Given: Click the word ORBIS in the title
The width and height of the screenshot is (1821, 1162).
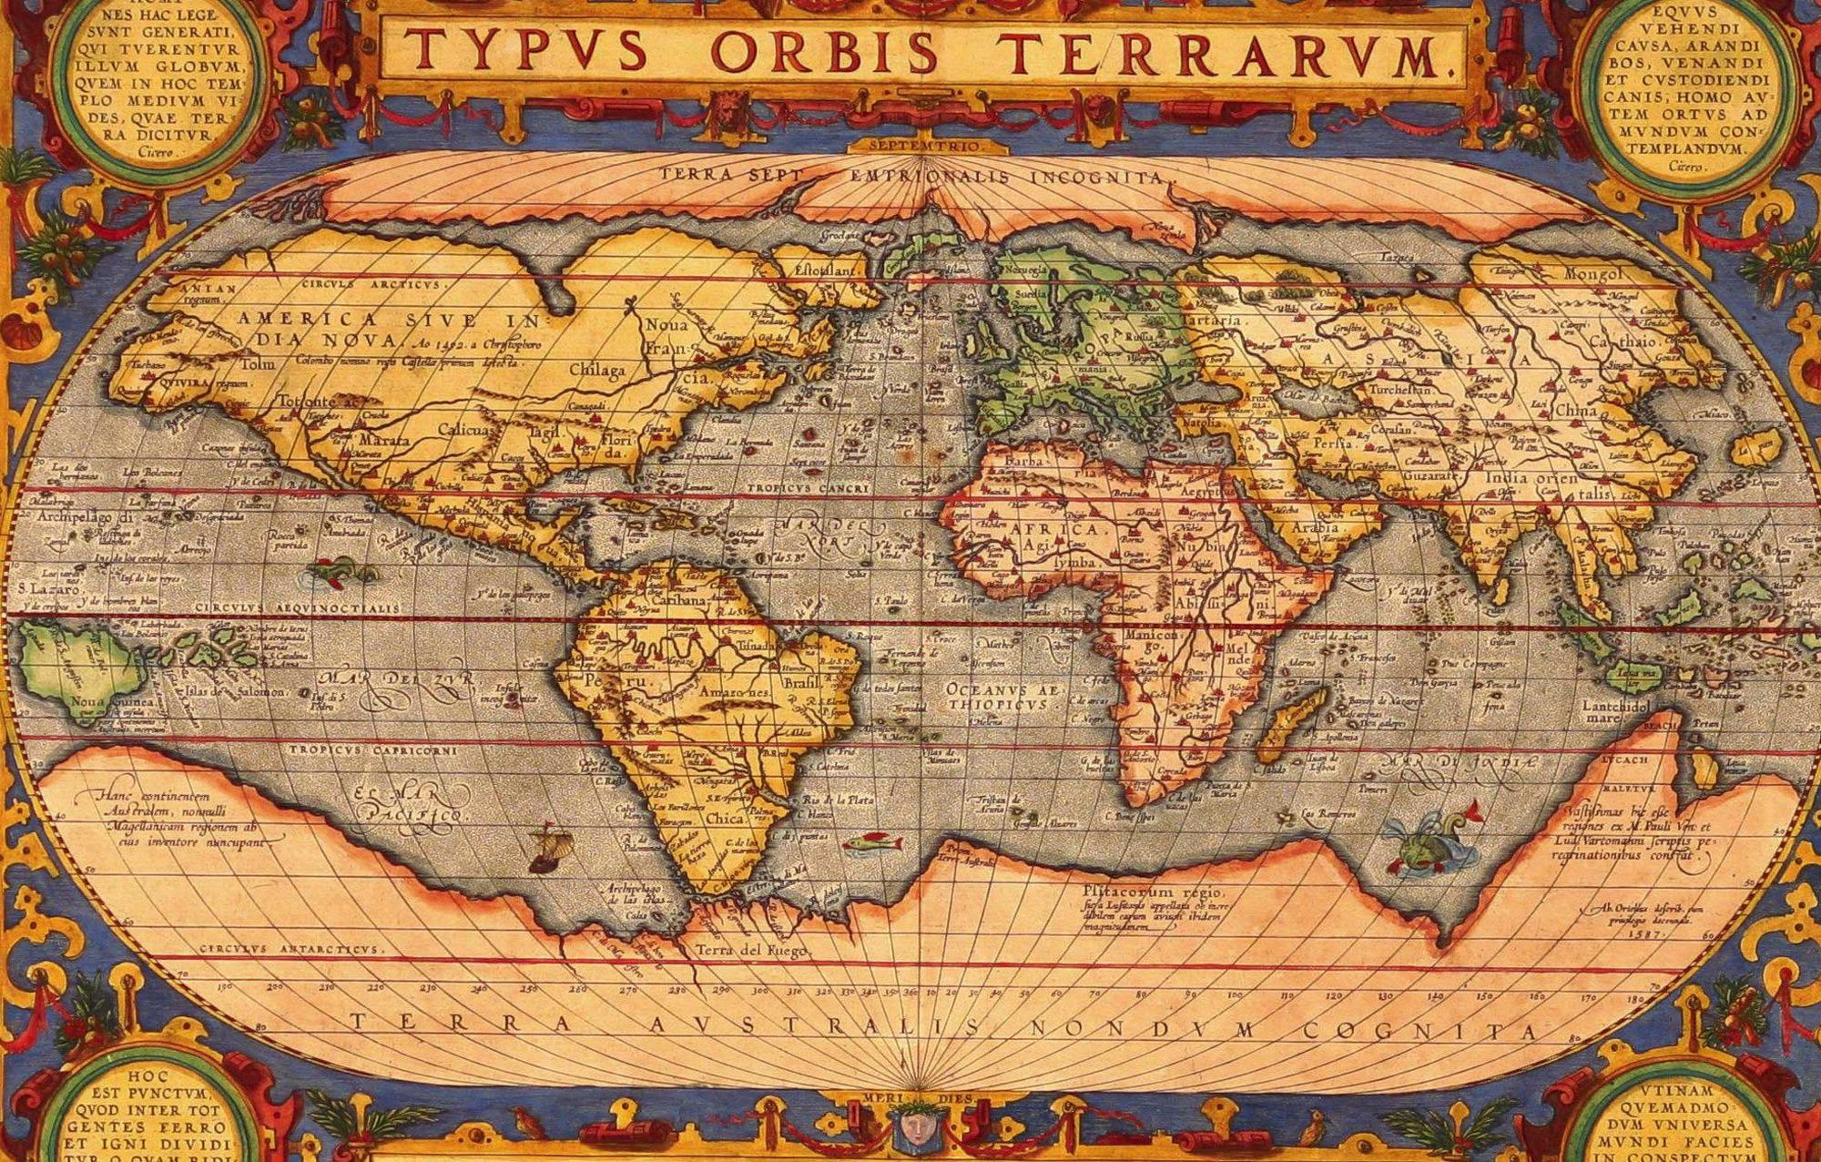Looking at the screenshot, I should (824, 51).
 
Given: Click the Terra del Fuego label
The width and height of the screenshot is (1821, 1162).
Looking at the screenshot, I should (751, 951).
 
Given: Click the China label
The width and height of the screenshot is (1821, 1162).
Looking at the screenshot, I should (1576, 411).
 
